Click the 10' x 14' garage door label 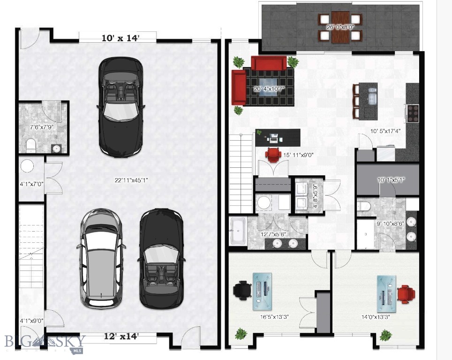[x=121, y=38]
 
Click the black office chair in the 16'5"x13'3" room [x=242, y=289]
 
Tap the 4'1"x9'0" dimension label [x=32, y=321]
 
